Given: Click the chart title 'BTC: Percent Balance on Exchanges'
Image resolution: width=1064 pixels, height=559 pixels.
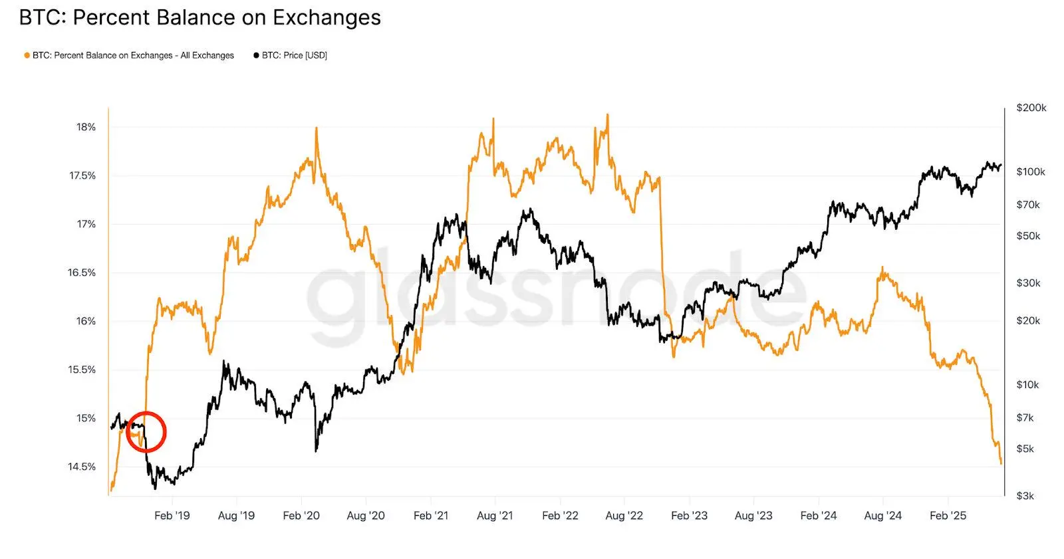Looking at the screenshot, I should [199, 18].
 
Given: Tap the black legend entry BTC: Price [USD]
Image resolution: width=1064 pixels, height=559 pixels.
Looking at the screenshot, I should [293, 55].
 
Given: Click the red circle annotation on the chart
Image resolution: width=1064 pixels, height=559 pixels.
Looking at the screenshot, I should [146, 432].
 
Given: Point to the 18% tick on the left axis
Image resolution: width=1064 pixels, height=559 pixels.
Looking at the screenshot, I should [86, 127].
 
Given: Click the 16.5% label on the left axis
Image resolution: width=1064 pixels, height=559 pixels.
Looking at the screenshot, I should [82, 273].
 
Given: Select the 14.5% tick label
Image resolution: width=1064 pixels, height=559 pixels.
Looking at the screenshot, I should [82, 467].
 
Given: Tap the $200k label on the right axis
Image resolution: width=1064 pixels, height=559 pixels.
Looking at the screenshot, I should [1031, 108].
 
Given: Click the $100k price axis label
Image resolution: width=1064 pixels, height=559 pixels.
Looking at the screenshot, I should [1030, 171].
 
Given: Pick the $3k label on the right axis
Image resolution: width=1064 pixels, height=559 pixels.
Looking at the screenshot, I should [1025, 496].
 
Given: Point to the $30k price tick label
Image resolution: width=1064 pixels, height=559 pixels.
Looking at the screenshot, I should [1027, 282].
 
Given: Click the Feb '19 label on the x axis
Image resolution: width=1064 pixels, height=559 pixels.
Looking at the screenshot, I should [172, 516].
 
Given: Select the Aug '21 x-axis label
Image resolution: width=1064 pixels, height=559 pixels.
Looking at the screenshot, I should [495, 516].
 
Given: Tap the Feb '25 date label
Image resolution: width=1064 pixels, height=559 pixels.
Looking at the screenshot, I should [948, 516].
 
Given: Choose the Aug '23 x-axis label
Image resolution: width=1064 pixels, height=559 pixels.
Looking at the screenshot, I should [753, 516].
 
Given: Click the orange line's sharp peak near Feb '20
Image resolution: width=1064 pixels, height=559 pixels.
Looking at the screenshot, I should [316, 128].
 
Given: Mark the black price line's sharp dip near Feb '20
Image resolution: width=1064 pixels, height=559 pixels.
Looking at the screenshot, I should [316, 451].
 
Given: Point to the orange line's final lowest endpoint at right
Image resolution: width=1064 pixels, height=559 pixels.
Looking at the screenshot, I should [1001, 463].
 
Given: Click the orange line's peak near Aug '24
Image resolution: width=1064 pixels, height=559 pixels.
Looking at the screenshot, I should [882, 268].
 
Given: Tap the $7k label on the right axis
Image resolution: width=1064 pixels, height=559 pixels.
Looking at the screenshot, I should [1025, 417].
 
